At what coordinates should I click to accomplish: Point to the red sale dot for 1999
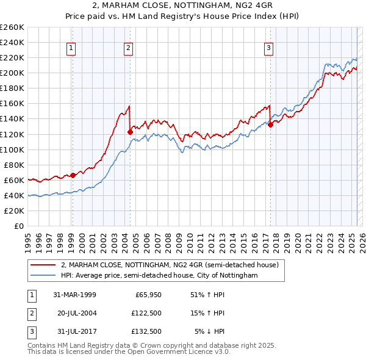tap(73, 175)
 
